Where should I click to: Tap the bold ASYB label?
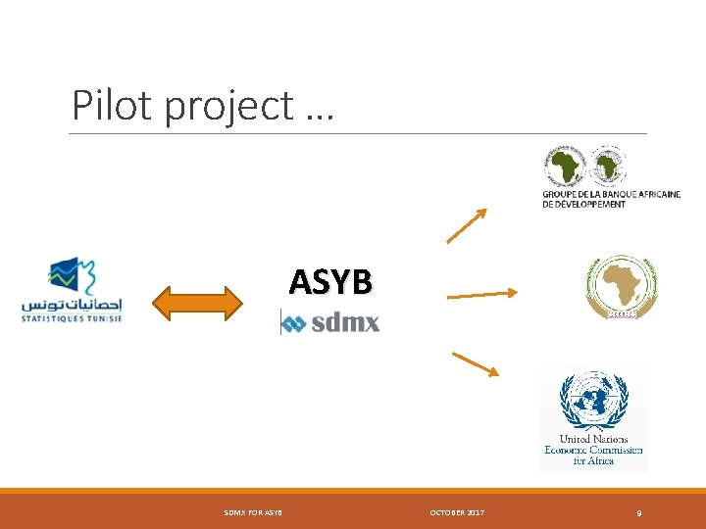pyautogui.click(x=330, y=282)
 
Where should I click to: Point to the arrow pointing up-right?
pyautogui.click(x=467, y=225)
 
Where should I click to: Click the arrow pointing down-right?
pyautogui.click(x=476, y=363)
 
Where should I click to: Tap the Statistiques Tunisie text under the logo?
pyautogui.click(x=72, y=317)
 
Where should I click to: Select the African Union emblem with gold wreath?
pyautogui.click(x=620, y=286)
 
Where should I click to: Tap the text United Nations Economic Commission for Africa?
pyautogui.click(x=593, y=450)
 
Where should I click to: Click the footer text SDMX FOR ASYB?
pyautogui.click(x=253, y=513)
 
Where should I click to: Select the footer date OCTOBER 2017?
pyautogui.click(x=456, y=513)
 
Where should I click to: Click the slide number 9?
pyautogui.click(x=639, y=513)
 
